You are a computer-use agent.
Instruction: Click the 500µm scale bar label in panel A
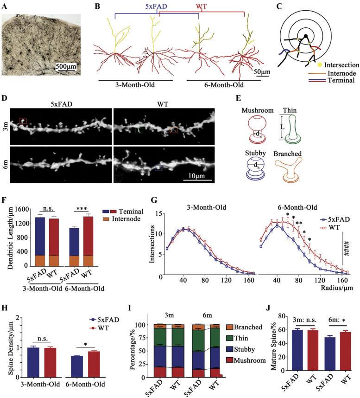(x=66, y=66)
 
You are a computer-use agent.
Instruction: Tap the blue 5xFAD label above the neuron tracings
(x=156, y=6)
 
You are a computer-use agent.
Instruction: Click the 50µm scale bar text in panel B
(x=262, y=71)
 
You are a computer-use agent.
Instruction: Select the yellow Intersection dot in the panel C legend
(x=320, y=65)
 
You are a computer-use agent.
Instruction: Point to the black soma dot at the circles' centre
(x=306, y=36)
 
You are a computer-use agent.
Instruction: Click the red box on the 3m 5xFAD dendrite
(x=23, y=121)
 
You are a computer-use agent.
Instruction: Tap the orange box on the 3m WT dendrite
(x=174, y=130)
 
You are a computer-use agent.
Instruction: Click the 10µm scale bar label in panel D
(x=196, y=176)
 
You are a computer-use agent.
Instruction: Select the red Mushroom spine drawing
(x=257, y=128)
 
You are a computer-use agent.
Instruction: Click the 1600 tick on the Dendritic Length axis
(x=21, y=209)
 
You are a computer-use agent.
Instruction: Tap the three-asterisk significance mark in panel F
(x=82, y=209)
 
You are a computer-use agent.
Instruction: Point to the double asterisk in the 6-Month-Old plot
(x=299, y=223)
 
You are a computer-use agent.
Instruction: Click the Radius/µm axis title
(x=337, y=288)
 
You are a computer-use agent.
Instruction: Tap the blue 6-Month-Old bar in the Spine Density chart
(x=77, y=366)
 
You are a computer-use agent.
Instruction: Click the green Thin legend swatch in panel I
(x=229, y=338)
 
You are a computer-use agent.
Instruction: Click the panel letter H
(x=5, y=308)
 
